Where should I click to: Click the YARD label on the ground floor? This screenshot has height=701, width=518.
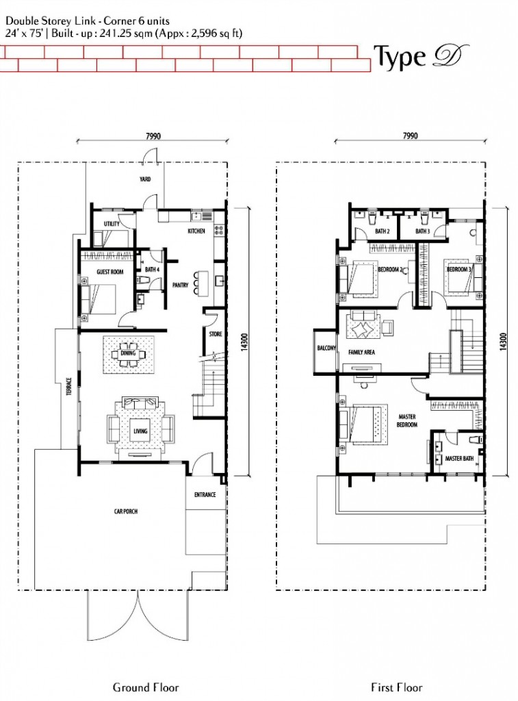145,179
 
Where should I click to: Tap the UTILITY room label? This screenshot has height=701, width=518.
112,224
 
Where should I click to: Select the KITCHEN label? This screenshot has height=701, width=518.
196,231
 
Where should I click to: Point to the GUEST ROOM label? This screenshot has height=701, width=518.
110,272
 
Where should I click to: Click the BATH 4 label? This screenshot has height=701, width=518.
152,270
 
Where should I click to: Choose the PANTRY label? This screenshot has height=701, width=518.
181,285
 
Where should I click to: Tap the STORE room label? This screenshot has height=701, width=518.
216,334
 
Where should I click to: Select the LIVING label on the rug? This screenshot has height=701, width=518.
140,431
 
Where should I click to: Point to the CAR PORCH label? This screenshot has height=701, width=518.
126,511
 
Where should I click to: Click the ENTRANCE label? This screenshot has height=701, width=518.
205,495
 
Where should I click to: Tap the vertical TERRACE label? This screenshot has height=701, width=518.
69,387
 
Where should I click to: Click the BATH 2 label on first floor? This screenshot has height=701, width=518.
383,231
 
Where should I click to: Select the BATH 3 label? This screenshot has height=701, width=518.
422,231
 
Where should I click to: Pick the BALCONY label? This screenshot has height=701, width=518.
326,348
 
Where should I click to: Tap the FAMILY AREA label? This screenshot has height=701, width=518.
361,353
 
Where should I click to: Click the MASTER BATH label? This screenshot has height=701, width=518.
459,458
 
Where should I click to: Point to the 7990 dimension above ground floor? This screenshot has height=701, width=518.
153,136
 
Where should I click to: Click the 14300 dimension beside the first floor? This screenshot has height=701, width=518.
504,342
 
